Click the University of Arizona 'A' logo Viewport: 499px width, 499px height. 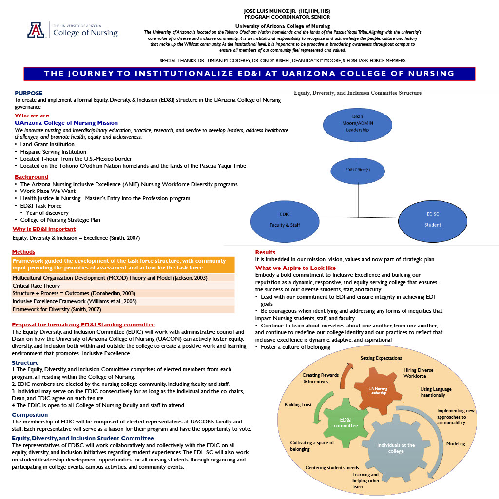pyautogui.click(x=36, y=30)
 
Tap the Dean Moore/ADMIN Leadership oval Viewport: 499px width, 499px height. pyautogui.click(x=358, y=123)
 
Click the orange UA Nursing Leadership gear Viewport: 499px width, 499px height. pyautogui.click(x=378, y=390)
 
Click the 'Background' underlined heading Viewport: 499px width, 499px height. pyautogui.click(x=31, y=177)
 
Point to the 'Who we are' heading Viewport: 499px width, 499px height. pyautogui.click(x=32, y=115)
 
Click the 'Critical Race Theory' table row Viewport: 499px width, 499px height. pyautogui.click(x=37, y=286)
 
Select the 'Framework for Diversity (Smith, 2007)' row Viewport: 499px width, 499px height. pyautogui.click(x=57, y=309)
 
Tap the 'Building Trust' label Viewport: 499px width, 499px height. pyautogui.click(x=298, y=405)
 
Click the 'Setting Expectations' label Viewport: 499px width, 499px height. pyautogui.click(x=381, y=358)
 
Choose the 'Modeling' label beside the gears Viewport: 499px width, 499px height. pyautogui.click(x=456, y=443)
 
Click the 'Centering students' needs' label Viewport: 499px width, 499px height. pyautogui.click(x=332, y=468)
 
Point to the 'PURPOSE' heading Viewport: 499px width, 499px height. pyautogui.click(x=29, y=93)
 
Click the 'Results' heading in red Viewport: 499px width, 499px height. pyautogui.click(x=265, y=252)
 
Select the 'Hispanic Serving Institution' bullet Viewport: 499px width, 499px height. pyautogui.click(x=53, y=152)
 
